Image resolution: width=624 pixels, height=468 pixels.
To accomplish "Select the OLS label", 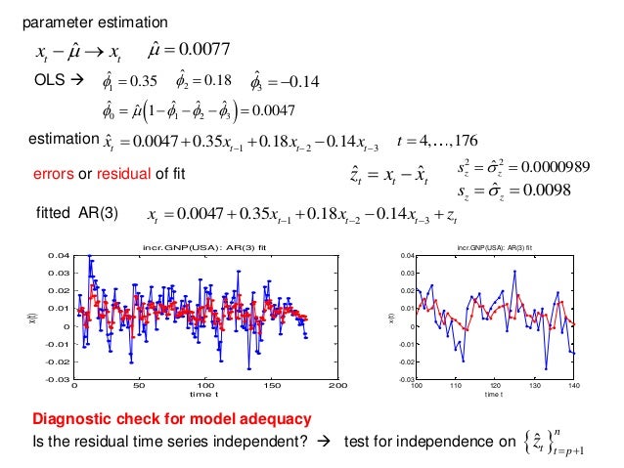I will (x=51, y=79).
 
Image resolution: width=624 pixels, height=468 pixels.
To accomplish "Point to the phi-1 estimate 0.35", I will (x=138, y=79).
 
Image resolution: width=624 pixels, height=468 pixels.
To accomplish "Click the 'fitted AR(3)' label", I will (x=76, y=212).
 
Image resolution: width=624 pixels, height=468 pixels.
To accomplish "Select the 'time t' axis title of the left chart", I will (x=206, y=396).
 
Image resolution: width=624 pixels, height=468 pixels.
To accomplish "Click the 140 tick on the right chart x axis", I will (x=573, y=387).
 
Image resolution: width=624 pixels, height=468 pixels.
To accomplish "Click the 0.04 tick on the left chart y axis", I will (x=58, y=255).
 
